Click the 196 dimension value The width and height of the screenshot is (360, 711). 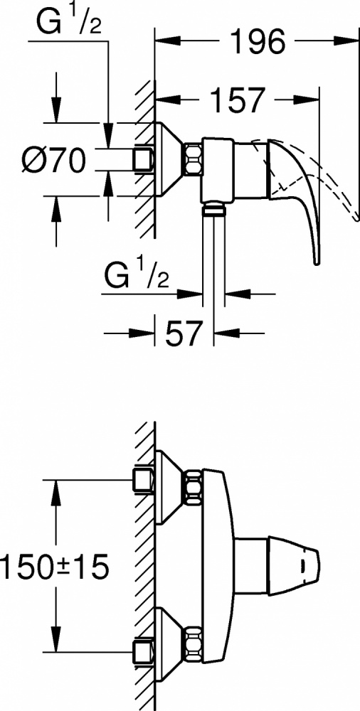[x=258, y=42]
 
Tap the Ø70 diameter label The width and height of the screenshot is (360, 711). [x=53, y=160]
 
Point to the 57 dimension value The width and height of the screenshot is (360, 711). [x=183, y=334]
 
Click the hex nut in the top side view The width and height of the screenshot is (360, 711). [x=193, y=159]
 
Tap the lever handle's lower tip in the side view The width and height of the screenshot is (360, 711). [x=316, y=262]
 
